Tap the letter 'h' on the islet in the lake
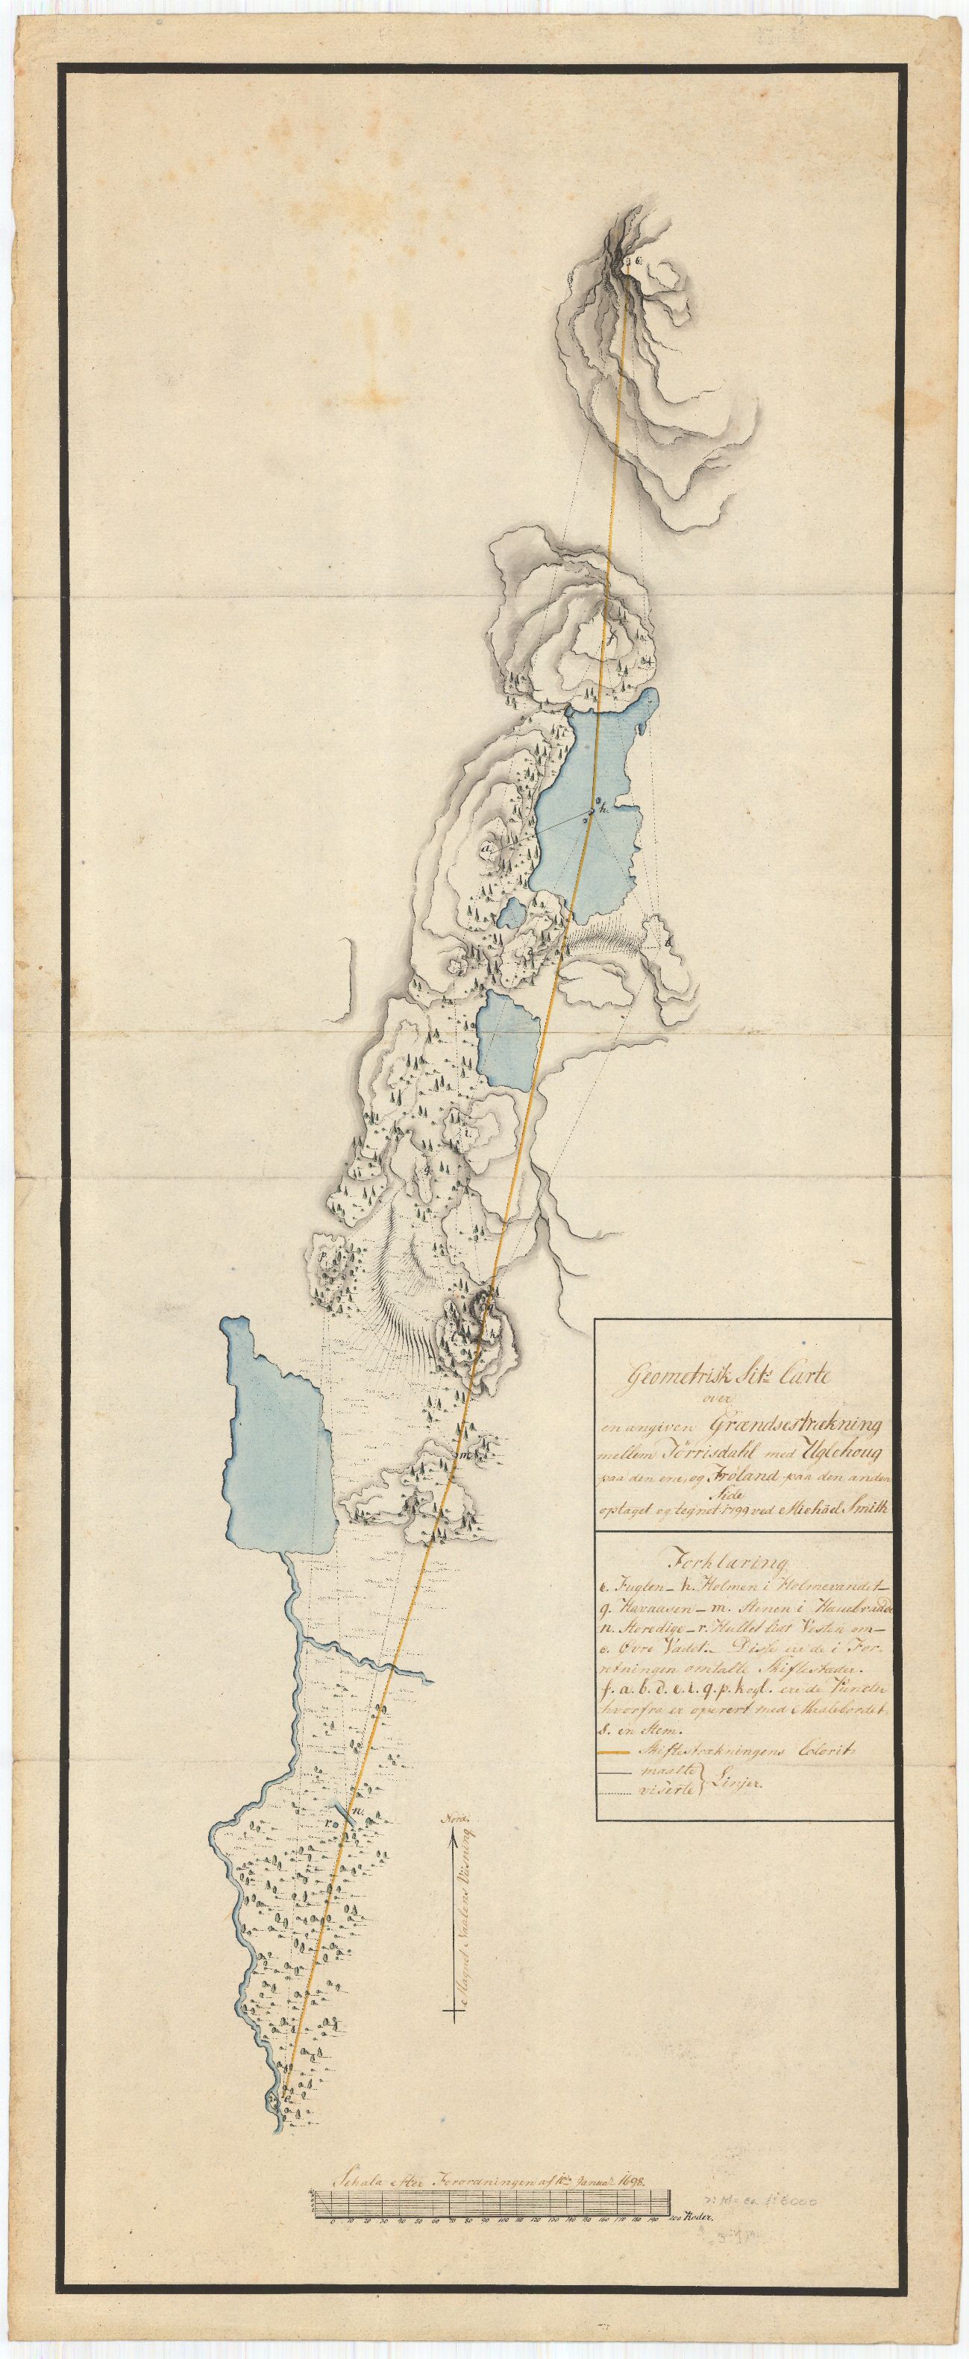pos(600,808)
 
